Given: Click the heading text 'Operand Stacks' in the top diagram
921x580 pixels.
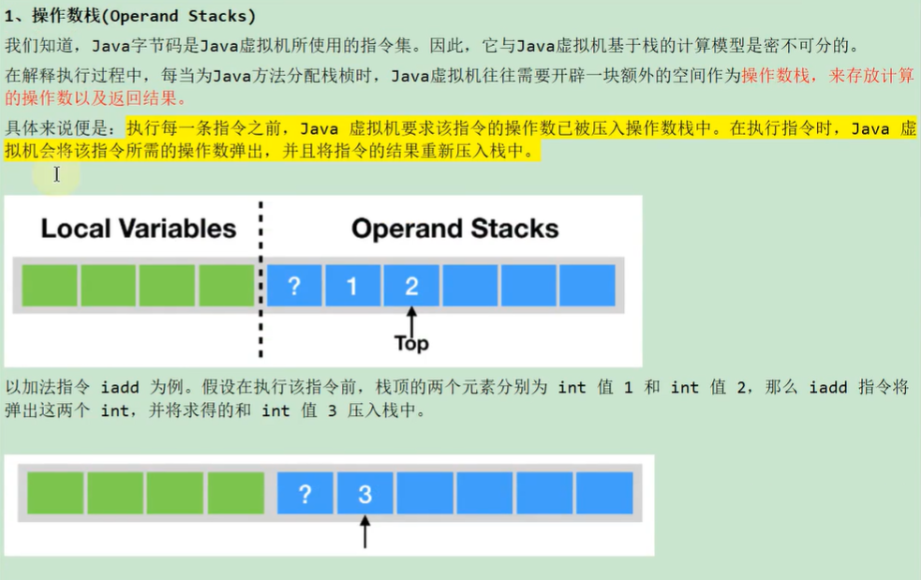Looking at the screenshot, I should coord(454,229).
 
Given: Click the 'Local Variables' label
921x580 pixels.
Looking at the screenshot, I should coord(138,229).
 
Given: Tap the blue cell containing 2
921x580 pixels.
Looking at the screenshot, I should coord(410,286).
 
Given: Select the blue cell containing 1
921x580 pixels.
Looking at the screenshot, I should coord(352,286).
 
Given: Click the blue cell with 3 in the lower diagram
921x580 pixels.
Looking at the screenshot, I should coord(364,494).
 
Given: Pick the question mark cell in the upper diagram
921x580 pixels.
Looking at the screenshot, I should coord(294,286).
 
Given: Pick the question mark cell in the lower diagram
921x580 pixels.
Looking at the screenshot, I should coord(305,494).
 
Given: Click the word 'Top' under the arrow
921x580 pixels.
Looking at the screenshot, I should coord(411,344).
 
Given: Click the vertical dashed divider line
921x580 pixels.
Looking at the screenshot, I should coord(260,281).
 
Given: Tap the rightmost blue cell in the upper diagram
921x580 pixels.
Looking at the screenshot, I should coord(587,286).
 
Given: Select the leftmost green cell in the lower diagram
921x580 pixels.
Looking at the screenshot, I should coord(55,494).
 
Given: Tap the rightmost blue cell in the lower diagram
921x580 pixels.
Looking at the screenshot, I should coord(604,494).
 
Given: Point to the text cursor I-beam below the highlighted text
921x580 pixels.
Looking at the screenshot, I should coord(56,173).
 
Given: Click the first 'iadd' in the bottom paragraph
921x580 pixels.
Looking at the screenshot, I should coord(120,387).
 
